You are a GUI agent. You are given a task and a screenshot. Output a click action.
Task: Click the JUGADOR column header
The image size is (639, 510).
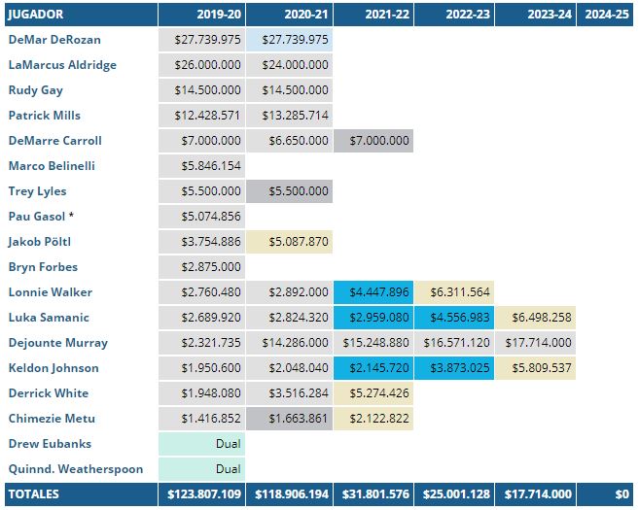(36, 16)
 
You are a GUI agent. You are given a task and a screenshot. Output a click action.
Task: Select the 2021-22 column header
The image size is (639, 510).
(386, 16)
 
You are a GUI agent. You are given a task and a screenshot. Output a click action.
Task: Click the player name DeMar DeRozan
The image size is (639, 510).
(54, 40)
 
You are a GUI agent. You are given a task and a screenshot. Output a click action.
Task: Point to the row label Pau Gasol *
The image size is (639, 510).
(41, 217)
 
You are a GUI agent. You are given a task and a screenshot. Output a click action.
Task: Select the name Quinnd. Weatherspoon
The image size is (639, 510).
(76, 469)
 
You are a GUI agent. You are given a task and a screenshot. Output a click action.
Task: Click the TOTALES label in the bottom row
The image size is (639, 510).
(34, 494)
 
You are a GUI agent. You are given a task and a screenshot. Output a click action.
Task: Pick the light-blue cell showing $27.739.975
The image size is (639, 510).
(289, 40)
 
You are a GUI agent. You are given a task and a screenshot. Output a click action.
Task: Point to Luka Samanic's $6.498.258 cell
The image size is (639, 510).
(538, 318)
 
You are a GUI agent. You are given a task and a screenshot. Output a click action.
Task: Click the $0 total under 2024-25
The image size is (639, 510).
(620, 494)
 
